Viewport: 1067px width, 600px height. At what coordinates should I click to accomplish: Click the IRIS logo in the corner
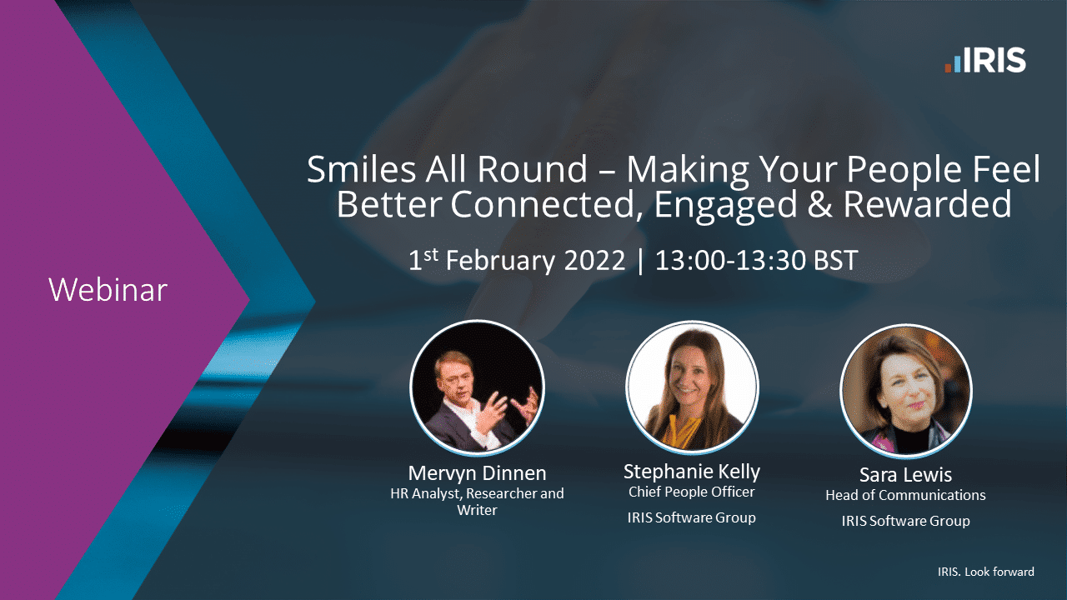point(985,60)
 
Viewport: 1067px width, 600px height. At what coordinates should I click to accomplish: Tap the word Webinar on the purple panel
point(108,289)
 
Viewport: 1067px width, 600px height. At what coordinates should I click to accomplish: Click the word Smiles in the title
point(361,169)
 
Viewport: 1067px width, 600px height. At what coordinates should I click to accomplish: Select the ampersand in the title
point(819,204)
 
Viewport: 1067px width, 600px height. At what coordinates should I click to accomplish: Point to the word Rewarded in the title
point(928,204)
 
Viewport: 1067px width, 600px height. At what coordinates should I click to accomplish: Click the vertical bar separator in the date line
point(639,262)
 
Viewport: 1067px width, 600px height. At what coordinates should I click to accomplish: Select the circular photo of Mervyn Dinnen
point(477,387)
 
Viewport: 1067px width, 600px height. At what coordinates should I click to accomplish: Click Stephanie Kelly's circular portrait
point(692,387)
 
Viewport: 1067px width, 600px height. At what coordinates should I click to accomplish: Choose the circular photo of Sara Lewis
point(906,391)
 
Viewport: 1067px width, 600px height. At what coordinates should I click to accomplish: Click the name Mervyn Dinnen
point(477,472)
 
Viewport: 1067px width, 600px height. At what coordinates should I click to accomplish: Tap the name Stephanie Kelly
point(692,472)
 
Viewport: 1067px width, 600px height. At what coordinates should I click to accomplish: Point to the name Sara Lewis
point(905,475)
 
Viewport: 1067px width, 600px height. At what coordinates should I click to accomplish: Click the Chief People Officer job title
point(692,492)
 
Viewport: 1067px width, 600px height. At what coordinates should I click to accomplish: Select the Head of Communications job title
point(905,495)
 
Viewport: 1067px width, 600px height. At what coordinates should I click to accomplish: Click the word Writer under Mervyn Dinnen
point(477,510)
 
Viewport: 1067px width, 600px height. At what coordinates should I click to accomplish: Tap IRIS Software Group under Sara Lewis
point(905,521)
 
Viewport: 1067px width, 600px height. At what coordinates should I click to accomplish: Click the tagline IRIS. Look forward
point(986,572)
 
